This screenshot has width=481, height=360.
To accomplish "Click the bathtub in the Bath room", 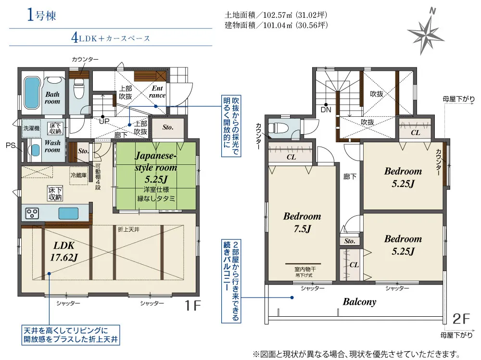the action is pyautogui.click(x=32, y=93).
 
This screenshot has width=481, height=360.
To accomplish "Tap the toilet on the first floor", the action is pyautogui.click(x=79, y=88).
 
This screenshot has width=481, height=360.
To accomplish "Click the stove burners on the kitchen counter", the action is pyautogui.click(x=32, y=213).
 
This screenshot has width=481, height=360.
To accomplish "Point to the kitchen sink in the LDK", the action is pyautogui.click(x=68, y=213).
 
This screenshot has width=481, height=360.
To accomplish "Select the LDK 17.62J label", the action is pyautogui.click(x=64, y=251).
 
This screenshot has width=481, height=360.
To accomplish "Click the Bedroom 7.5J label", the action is pyautogui.click(x=302, y=223).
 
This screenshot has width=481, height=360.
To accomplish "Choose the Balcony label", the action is pyautogui.click(x=359, y=302).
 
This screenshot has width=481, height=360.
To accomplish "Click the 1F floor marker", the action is pyautogui.click(x=192, y=305).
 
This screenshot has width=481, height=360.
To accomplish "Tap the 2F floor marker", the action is pyautogui.click(x=461, y=319).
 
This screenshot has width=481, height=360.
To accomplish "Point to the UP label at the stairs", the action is pyautogui.click(x=104, y=122).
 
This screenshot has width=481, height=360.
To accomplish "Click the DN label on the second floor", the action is pyautogui.click(x=326, y=110).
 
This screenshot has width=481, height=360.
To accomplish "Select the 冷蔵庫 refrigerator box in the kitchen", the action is pyautogui.click(x=79, y=175).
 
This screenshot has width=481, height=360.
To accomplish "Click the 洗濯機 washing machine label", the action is pyautogui.click(x=32, y=128).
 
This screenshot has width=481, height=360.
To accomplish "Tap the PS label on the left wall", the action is pyautogui.click(x=11, y=145).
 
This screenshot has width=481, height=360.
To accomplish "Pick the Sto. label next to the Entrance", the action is pyautogui.click(x=168, y=127).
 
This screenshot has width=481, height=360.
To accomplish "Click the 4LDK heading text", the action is pyautogui.click(x=111, y=38).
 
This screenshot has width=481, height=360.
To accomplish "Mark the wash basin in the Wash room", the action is pyautogui.click(x=35, y=150).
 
